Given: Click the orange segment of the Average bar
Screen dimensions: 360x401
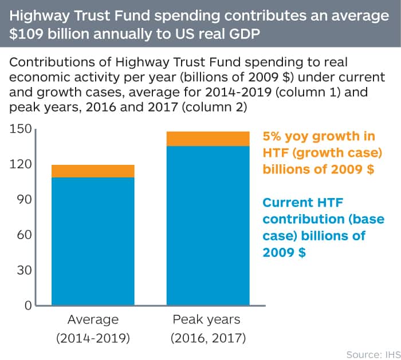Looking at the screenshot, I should click(x=93, y=171).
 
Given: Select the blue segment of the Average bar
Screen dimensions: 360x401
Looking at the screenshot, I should click(x=93, y=240).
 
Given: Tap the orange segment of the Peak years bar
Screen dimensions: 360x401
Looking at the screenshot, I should click(x=208, y=139).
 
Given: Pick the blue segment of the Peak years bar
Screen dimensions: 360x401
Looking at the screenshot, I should click(x=208, y=226).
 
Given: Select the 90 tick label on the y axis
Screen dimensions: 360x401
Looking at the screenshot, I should click(x=23, y=200).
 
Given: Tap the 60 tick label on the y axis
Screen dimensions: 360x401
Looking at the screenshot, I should click(x=23, y=235).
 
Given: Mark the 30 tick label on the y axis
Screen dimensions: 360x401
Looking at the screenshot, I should click(x=23, y=270).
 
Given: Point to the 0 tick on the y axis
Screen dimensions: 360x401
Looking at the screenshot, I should click(x=26, y=305).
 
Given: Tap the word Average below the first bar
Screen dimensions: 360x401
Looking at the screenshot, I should click(x=93, y=319).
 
